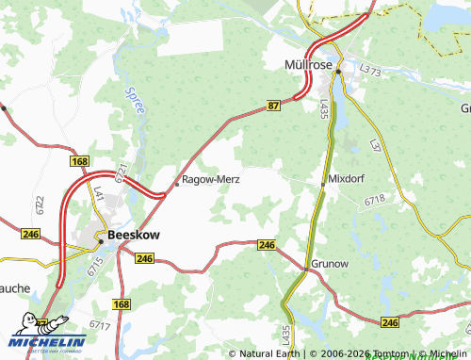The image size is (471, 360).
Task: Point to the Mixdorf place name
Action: pyautogui.click(x=347, y=178)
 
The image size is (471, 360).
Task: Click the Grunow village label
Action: pyautogui.click(x=330, y=265)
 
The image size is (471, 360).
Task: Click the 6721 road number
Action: pyautogui.click(x=121, y=172)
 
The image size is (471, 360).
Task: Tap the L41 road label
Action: pyautogui.click(x=96, y=194)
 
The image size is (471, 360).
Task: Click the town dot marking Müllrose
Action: pyautogui.click(x=337, y=70)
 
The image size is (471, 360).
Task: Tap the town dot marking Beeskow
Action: pyautogui.click(x=101, y=240)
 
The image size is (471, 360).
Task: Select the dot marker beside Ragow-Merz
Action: pyautogui.click(x=176, y=185)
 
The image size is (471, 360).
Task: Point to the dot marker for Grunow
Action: pyautogui.click(x=303, y=271)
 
